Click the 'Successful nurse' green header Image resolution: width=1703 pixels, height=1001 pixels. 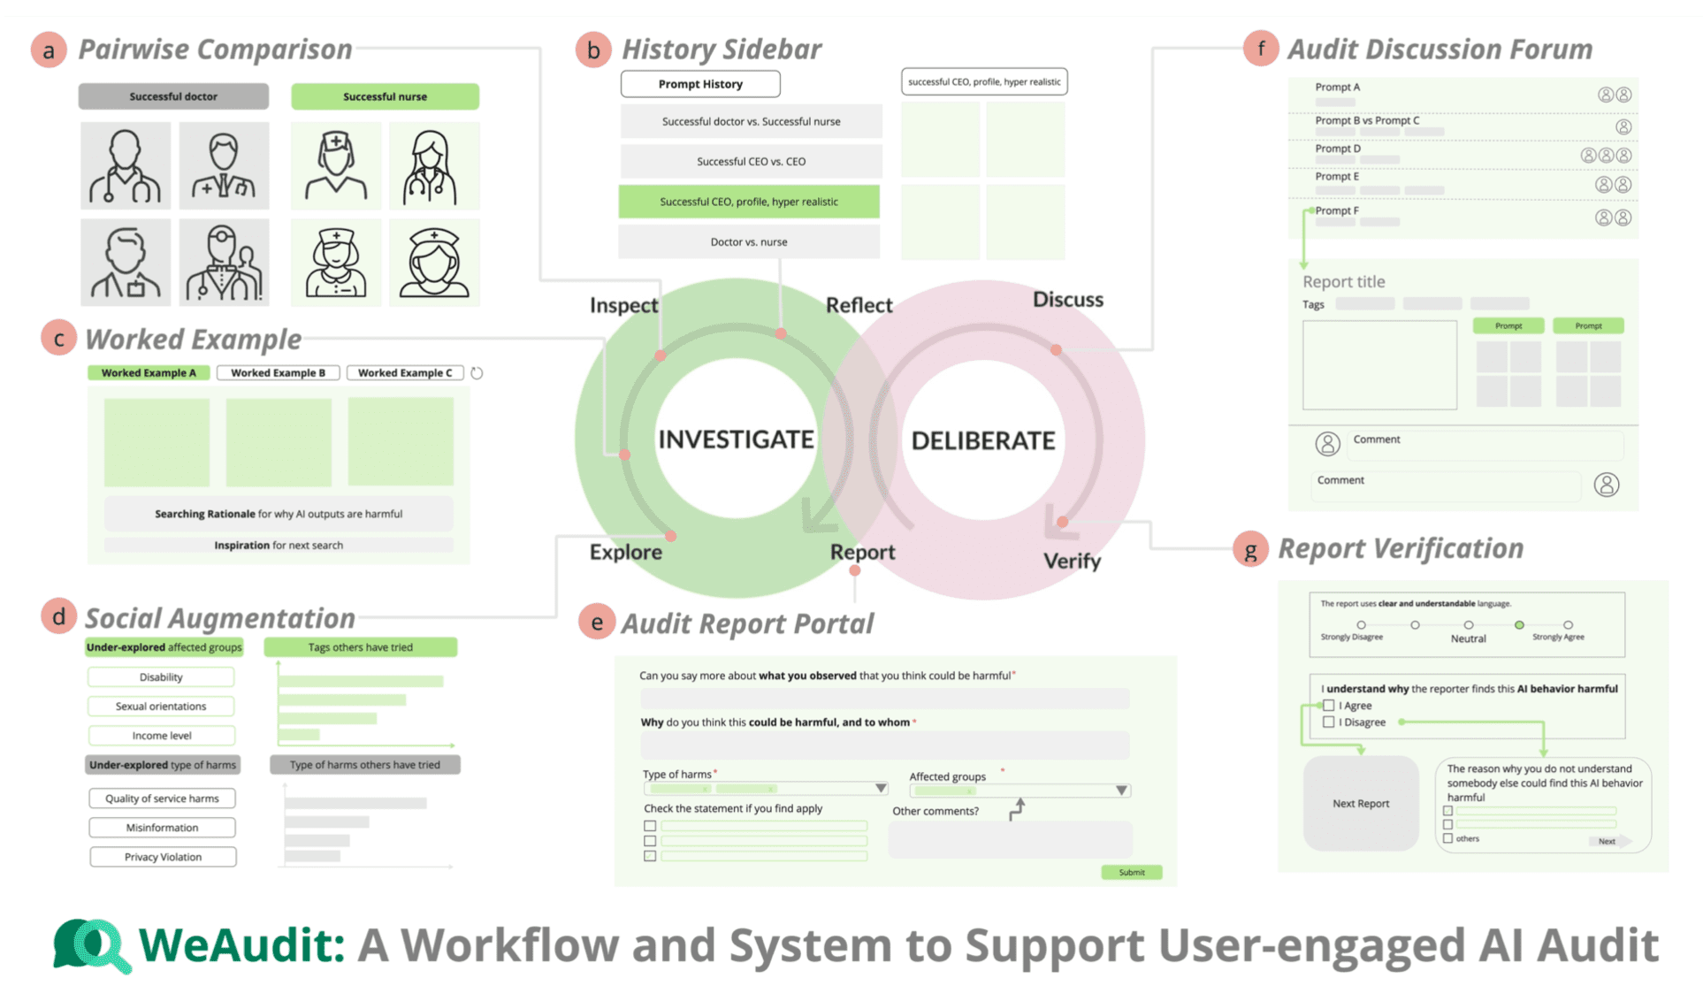(x=385, y=96)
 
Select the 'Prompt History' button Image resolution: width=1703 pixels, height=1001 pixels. (x=699, y=84)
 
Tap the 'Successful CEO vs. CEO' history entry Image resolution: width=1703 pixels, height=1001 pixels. (x=751, y=162)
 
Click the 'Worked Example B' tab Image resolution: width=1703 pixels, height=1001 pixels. (x=278, y=373)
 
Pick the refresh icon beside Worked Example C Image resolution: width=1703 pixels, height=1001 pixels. (x=477, y=373)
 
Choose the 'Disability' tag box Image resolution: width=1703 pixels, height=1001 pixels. (x=161, y=677)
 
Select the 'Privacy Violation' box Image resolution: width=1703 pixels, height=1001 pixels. (x=163, y=857)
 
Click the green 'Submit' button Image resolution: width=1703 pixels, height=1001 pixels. (x=1131, y=872)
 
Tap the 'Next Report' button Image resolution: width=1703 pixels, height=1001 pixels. (x=1360, y=803)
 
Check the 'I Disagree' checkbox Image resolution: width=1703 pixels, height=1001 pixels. (x=1328, y=722)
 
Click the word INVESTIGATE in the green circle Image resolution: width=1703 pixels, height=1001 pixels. (x=736, y=439)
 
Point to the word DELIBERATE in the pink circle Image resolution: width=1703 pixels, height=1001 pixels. (x=982, y=440)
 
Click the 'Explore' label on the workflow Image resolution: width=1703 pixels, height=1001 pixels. (x=625, y=552)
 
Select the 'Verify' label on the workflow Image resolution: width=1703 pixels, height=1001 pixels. (x=1072, y=561)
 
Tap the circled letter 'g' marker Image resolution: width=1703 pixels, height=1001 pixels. (x=1250, y=550)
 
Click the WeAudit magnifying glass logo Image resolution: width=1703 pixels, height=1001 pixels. (x=92, y=944)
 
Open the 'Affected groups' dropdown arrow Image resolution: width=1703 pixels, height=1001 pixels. (x=1120, y=790)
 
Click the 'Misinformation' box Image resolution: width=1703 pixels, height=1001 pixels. (x=163, y=828)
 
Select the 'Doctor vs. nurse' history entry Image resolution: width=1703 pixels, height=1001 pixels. (x=749, y=241)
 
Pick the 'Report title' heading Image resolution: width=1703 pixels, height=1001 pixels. (x=1343, y=282)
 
